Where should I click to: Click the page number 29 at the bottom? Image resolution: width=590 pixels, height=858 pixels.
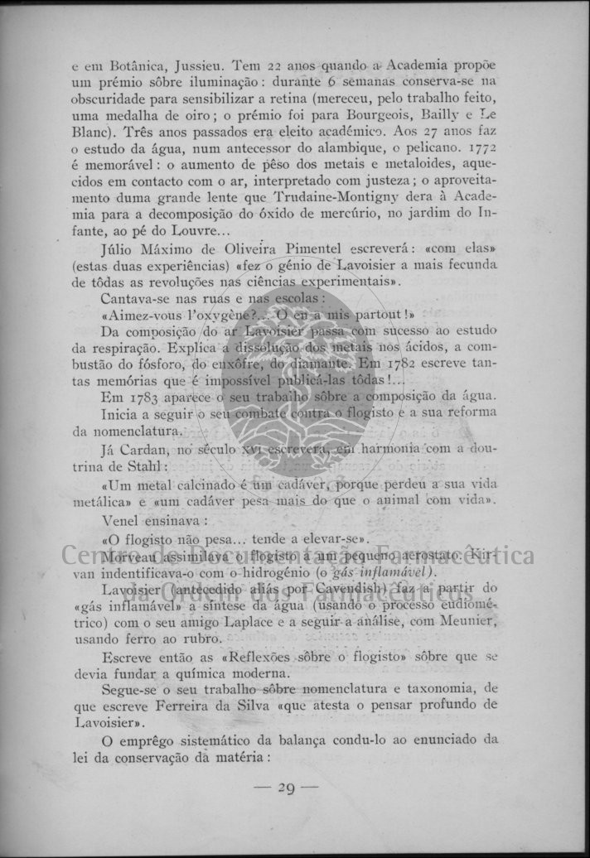coord(287,788)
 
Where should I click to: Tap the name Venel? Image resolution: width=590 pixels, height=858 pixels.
coord(121,521)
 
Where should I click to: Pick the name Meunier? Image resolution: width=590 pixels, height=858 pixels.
coord(465,622)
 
